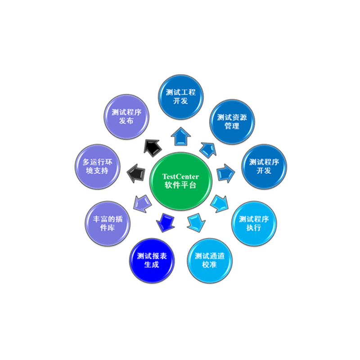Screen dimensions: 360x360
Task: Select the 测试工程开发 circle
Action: (180, 97)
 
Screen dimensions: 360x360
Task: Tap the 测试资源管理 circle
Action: (232, 121)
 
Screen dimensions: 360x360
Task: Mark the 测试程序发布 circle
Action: (127, 117)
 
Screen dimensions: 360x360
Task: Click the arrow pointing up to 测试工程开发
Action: (180, 135)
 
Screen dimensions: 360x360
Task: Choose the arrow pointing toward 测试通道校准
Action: (196, 222)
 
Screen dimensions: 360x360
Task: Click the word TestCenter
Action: (180, 177)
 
